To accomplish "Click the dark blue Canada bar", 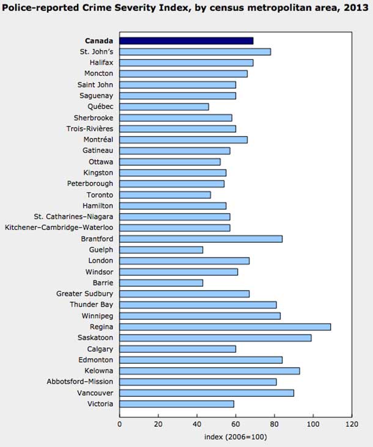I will point(186,40).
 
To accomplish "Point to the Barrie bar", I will point(161,283).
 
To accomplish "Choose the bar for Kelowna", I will point(209,371).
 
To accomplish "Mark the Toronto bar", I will point(164,194).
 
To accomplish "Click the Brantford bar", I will point(201,238).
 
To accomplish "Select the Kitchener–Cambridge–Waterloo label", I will point(59,227).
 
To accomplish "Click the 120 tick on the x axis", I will point(352,423).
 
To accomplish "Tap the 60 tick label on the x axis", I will point(235,423).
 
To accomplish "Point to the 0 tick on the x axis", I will point(119,423).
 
